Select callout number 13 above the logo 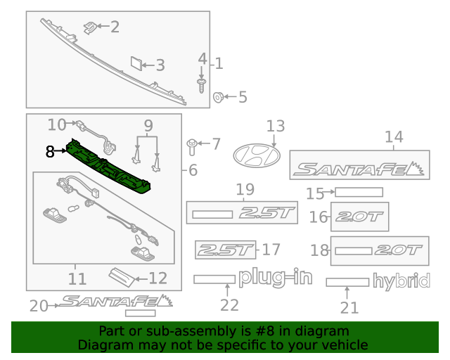(x=275, y=126)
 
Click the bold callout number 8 (x=50, y=151)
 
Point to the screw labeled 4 (x=201, y=86)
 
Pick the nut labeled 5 (x=217, y=96)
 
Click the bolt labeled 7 (x=191, y=146)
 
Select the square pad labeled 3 (x=134, y=65)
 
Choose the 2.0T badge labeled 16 (x=359, y=217)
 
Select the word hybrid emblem (x=401, y=282)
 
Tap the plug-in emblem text (x=275, y=278)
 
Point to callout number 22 (x=229, y=304)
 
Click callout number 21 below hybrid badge (x=349, y=307)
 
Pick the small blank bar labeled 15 (x=359, y=192)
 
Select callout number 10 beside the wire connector (x=57, y=125)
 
